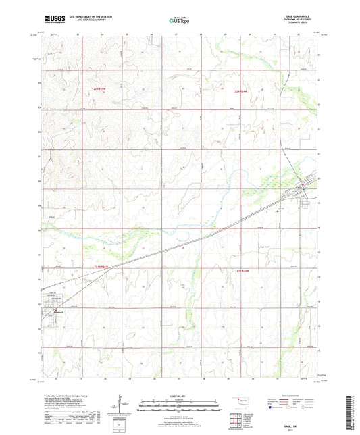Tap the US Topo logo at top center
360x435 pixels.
(180, 20)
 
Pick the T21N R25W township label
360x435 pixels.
(99, 268)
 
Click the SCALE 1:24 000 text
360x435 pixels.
(179, 396)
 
